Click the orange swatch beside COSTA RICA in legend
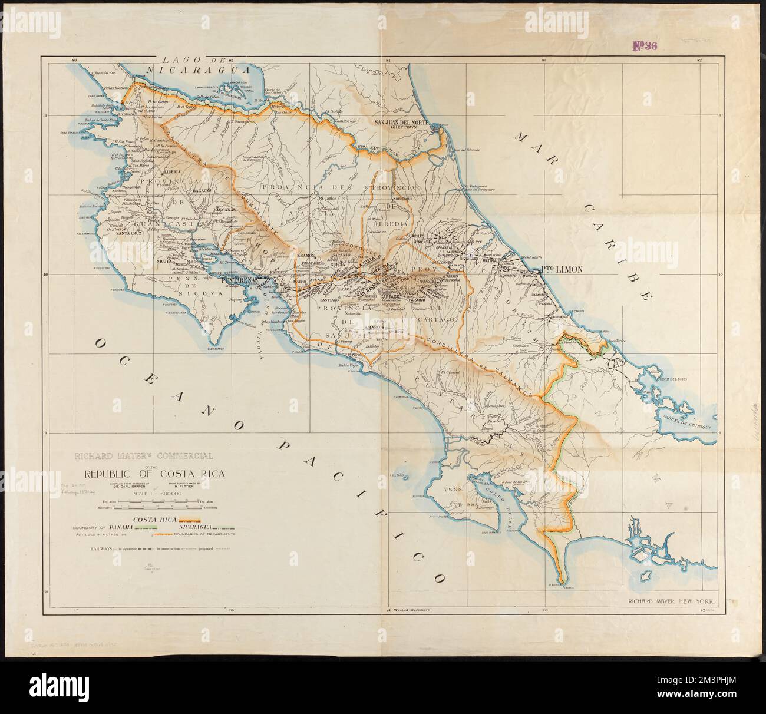tap(190, 520)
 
